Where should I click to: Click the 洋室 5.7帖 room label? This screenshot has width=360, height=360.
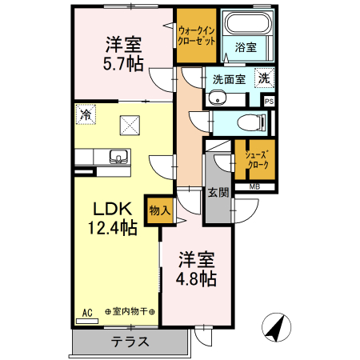[123, 54]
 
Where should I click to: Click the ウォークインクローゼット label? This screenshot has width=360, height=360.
[197, 36]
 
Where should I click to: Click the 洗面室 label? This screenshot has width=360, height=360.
[226, 79]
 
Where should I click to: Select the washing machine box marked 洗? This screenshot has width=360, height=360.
[263, 78]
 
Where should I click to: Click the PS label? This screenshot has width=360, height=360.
[269, 101]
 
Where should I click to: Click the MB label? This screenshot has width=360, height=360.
[254, 187]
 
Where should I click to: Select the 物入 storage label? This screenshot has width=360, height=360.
[158, 210]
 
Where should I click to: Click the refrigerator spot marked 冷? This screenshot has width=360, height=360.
[84, 114]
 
